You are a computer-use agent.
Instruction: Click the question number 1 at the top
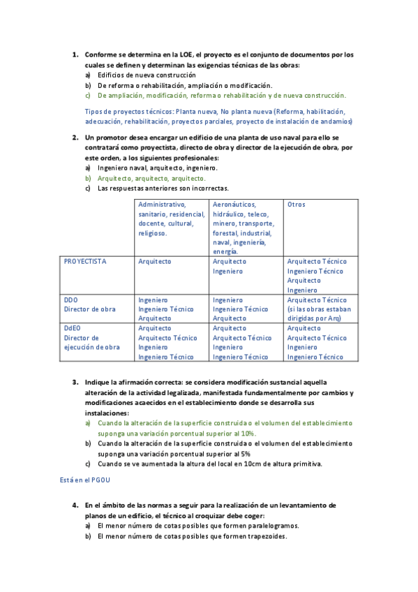point(76,54)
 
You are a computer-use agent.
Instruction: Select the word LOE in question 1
point(187,54)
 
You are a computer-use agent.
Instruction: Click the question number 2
point(76,138)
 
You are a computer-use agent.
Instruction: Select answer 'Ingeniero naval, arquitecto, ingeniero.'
point(158,168)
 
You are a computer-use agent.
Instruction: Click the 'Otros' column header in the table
point(297,204)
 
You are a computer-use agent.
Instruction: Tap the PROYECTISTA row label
point(85,261)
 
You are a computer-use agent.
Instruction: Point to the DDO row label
point(71,299)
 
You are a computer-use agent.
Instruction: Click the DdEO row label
point(73,327)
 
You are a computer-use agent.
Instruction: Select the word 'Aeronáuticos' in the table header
point(234,204)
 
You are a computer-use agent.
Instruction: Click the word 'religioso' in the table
point(153,233)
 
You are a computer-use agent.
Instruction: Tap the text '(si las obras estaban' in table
point(320,309)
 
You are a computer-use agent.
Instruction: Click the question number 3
point(76,383)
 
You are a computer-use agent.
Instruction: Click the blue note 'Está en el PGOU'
point(85,481)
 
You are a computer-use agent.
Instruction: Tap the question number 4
point(76,505)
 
